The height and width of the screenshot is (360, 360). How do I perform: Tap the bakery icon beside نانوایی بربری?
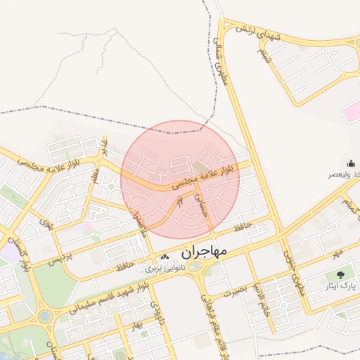164,257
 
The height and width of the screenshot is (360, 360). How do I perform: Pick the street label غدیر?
105,147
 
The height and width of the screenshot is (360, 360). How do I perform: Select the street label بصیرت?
235,290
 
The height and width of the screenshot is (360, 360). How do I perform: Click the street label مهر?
337,252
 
